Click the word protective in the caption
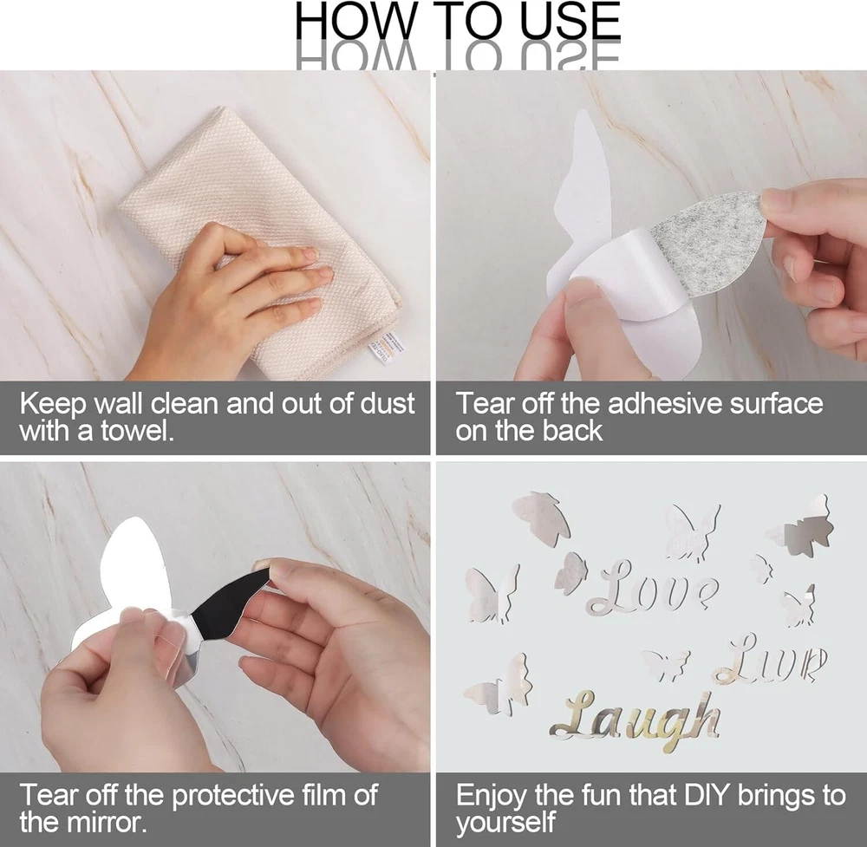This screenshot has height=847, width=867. (233, 796)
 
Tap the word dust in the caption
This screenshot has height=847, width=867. (387, 404)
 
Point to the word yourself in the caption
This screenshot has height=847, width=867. (505, 823)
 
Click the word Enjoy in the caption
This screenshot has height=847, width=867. (492, 796)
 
